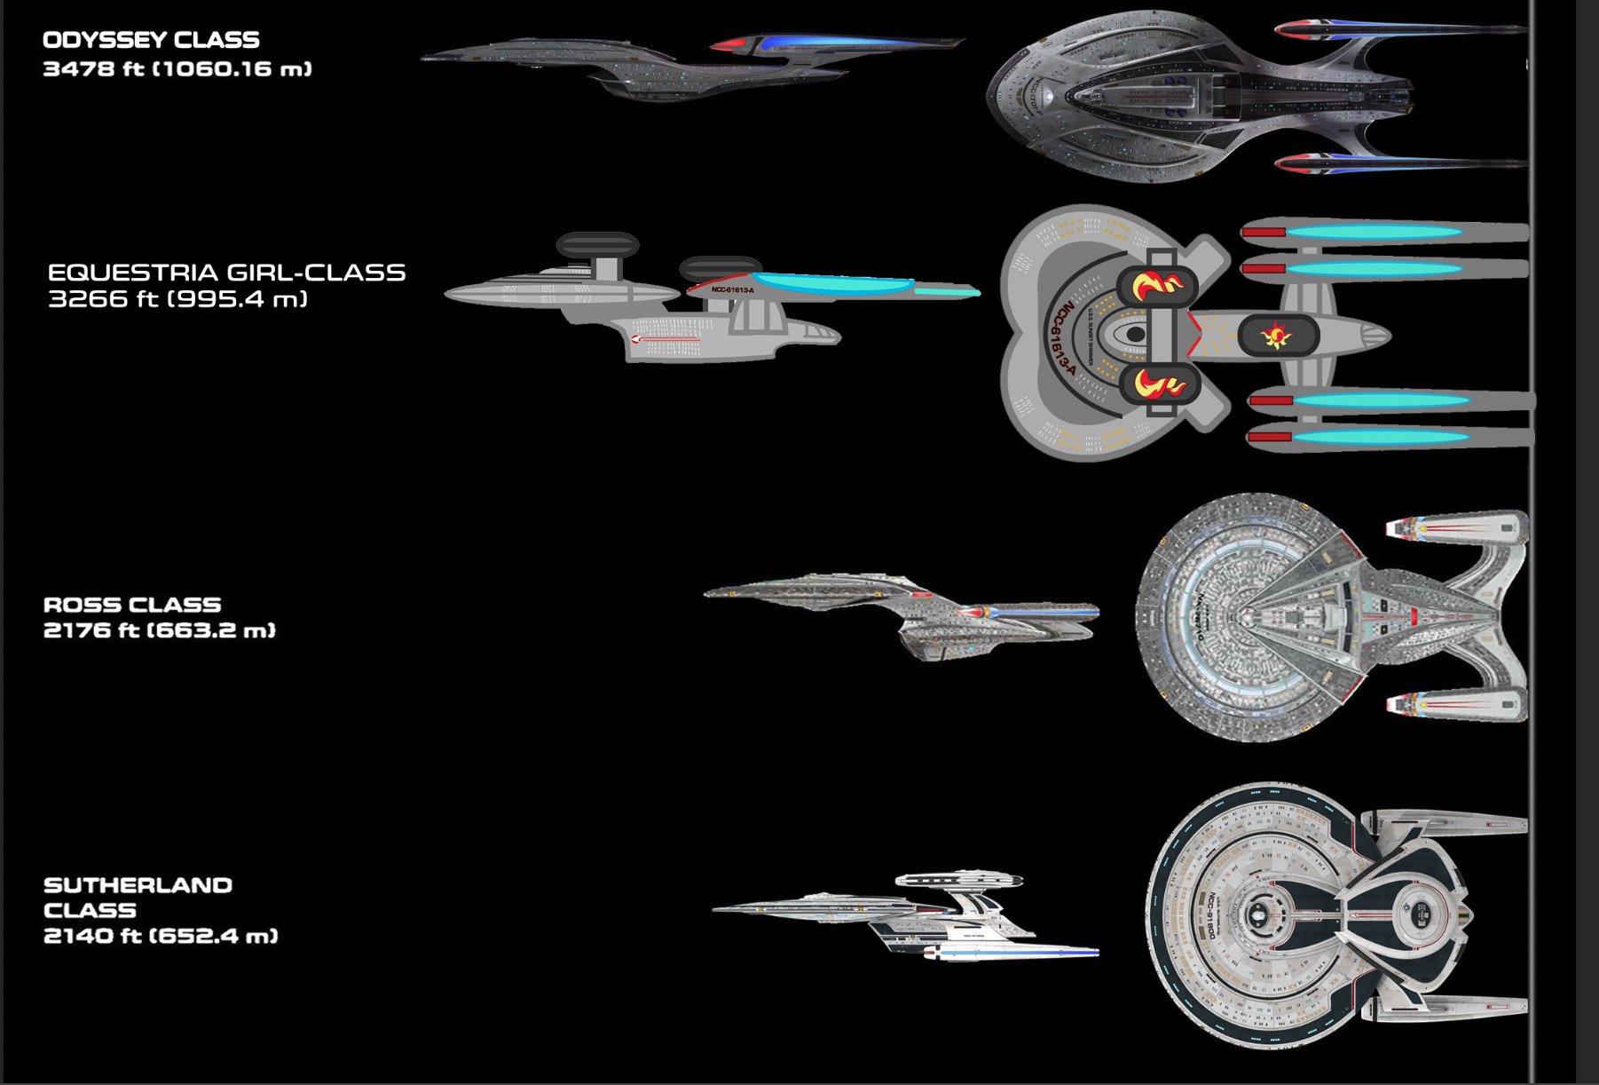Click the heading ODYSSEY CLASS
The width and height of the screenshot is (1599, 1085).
151,40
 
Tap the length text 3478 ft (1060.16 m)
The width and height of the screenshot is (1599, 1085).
177,69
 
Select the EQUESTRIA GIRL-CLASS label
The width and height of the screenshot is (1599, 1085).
226,273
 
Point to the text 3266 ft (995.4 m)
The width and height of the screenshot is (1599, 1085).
177,299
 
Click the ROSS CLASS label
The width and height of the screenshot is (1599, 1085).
132,606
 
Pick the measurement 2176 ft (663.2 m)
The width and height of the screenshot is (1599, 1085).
160,630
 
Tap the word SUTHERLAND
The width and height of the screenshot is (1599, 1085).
138,885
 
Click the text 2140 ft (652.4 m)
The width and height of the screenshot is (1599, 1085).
161,936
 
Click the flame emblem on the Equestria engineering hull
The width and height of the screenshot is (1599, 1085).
1276,336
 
